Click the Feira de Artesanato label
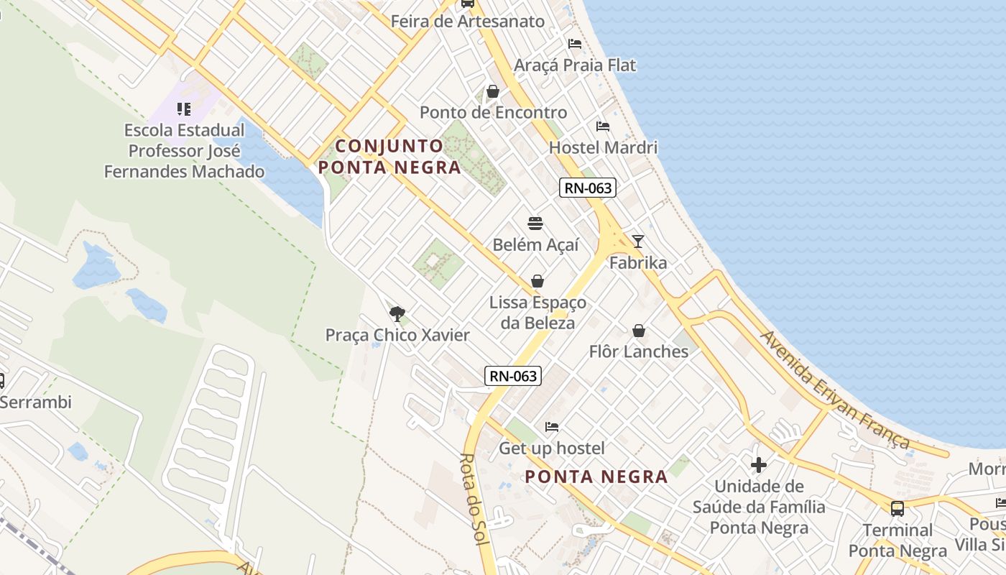[x=468, y=21]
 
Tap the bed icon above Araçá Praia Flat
[x=574, y=44]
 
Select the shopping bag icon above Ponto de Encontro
[x=493, y=91]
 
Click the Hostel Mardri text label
[x=603, y=147]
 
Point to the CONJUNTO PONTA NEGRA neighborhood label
[x=389, y=157]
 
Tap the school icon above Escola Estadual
[x=184, y=109]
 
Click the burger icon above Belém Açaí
[x=535, y=224]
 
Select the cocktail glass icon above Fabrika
[x=637, y=241]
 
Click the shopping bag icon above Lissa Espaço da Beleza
[x=537, y=281]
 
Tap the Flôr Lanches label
[x=638, y=351]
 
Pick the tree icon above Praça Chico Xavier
[x=397, y=313]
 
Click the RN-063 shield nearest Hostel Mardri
[x=588, y=188]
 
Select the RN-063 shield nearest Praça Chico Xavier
[x=512, y=375]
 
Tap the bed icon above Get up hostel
[x=551, y=427]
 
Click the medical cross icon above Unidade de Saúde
[x=758, y=465]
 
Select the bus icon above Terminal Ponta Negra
[x=897, y=509]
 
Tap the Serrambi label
[x=36, y=402]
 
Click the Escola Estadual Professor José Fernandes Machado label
[x=185, y=151]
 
